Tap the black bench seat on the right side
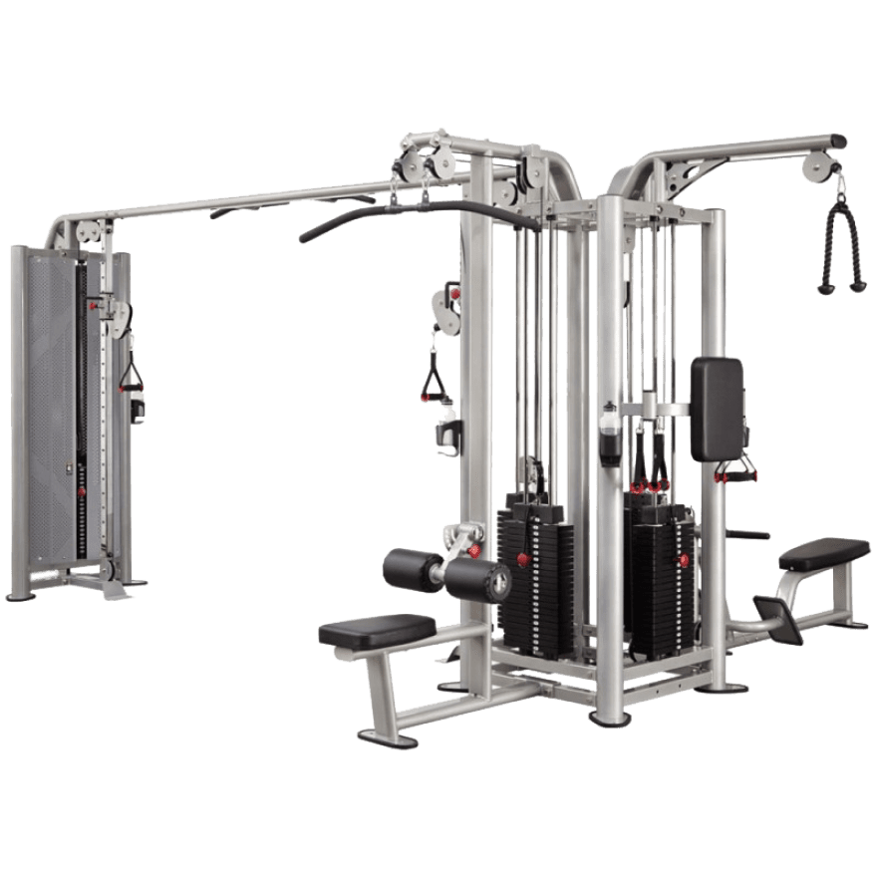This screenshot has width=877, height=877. (x=824, y=553)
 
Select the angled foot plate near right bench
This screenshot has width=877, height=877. (x=778, y=617)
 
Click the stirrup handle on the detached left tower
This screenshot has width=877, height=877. (x=132, y=378)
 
